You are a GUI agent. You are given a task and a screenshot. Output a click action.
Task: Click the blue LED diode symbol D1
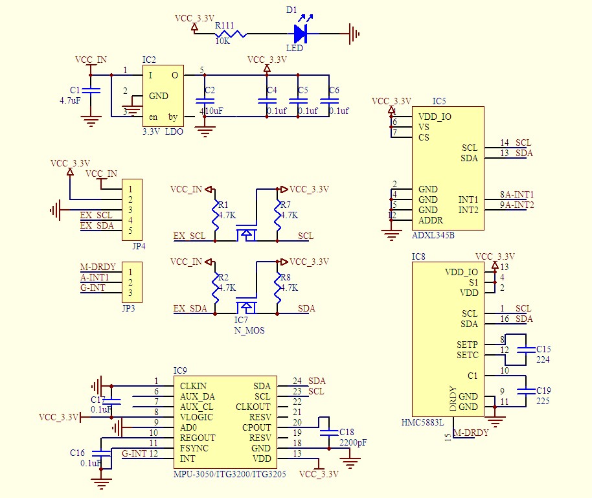pos(301,33)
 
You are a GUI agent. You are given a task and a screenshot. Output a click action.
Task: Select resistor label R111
pos(225,25)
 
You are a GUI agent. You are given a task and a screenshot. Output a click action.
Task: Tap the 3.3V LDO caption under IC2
pos(163,131)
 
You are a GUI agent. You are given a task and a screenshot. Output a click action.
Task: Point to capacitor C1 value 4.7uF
pos(70,101)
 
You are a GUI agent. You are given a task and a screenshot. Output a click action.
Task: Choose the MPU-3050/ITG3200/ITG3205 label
pos(229,474)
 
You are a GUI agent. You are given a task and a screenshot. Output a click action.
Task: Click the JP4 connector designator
pos(138,246)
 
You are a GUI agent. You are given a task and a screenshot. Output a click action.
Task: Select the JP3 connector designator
pos(128,308)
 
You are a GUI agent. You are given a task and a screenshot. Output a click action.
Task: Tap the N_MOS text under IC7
pos(249,330)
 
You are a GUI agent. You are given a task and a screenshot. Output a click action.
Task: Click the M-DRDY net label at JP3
pos(98,267)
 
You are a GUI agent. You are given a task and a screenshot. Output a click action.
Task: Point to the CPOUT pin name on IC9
pos(256,427)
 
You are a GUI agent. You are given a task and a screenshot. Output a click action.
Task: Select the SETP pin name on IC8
pos(467,345)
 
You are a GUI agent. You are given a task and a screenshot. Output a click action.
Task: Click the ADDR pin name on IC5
pos(431,220)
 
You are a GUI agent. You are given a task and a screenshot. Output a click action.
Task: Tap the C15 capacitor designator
pos(543,349)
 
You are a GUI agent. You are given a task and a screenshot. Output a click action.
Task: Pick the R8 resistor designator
pos(286,277)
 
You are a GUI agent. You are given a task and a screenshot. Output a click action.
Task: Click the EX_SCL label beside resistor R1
pos(189,236)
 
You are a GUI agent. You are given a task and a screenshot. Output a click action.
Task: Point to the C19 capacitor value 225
pos(543,401)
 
